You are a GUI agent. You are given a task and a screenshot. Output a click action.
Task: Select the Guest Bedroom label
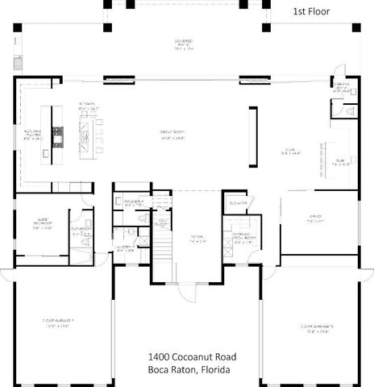(x=42, y=225)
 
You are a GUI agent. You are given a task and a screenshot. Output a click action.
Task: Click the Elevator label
(x=237, y=202)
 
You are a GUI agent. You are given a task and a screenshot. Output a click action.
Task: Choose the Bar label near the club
(x=339, y=161)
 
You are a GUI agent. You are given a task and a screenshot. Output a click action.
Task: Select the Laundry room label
(x=126, y=250)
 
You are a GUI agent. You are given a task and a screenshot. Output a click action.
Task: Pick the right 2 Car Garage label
(x=317, y=327)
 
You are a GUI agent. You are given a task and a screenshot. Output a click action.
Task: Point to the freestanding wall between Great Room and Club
(x=256, y=135)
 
